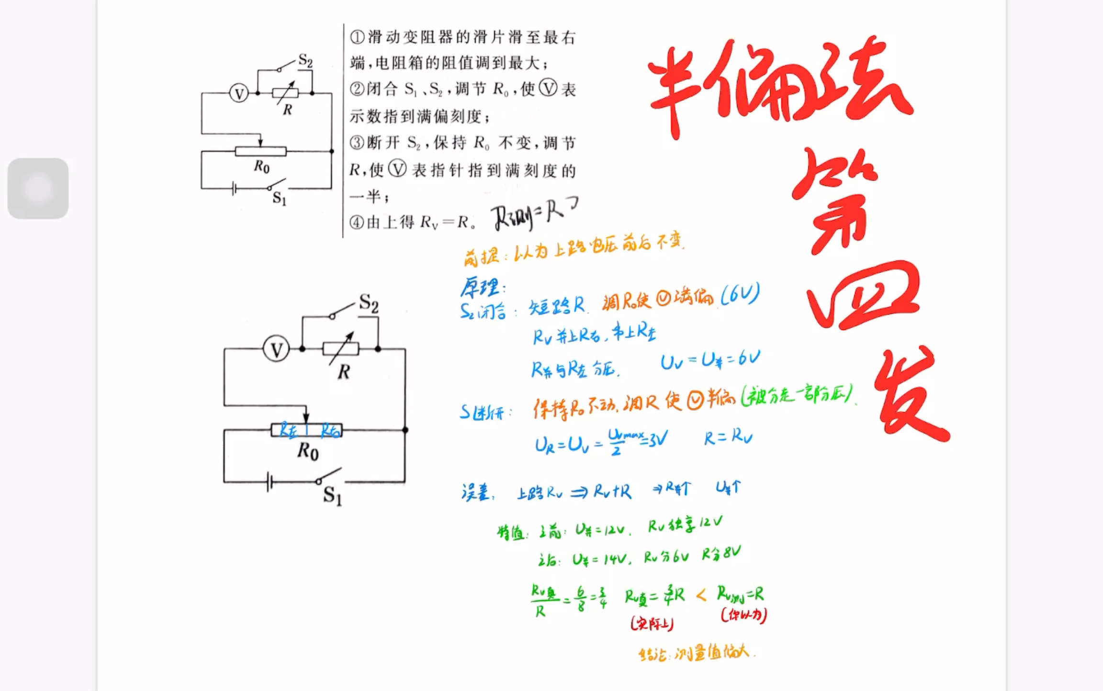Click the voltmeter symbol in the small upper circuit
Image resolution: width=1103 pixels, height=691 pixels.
(239, 93)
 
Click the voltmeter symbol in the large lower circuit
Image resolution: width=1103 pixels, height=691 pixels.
(276, 349)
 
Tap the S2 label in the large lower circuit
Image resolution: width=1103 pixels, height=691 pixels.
(369, 303)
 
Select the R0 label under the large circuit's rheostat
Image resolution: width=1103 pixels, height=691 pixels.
(307, 451)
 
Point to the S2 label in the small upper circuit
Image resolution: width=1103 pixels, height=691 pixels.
(305, 60)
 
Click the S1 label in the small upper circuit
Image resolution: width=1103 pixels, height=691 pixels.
(279, 198)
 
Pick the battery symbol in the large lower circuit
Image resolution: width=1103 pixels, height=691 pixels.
(270, 481)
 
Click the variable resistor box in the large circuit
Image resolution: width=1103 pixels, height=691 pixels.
(341, 349)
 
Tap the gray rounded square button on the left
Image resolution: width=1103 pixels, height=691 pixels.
(38, 188)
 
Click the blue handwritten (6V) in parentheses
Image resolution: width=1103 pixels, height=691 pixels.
(740, 294)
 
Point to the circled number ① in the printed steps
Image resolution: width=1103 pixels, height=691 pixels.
(357, 37)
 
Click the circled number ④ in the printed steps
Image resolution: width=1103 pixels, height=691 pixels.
(357, 222)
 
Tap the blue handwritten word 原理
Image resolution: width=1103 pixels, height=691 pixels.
(481, 287)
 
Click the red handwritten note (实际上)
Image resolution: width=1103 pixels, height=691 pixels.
(652, 624)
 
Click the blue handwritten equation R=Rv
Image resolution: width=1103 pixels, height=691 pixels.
(728, 437)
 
